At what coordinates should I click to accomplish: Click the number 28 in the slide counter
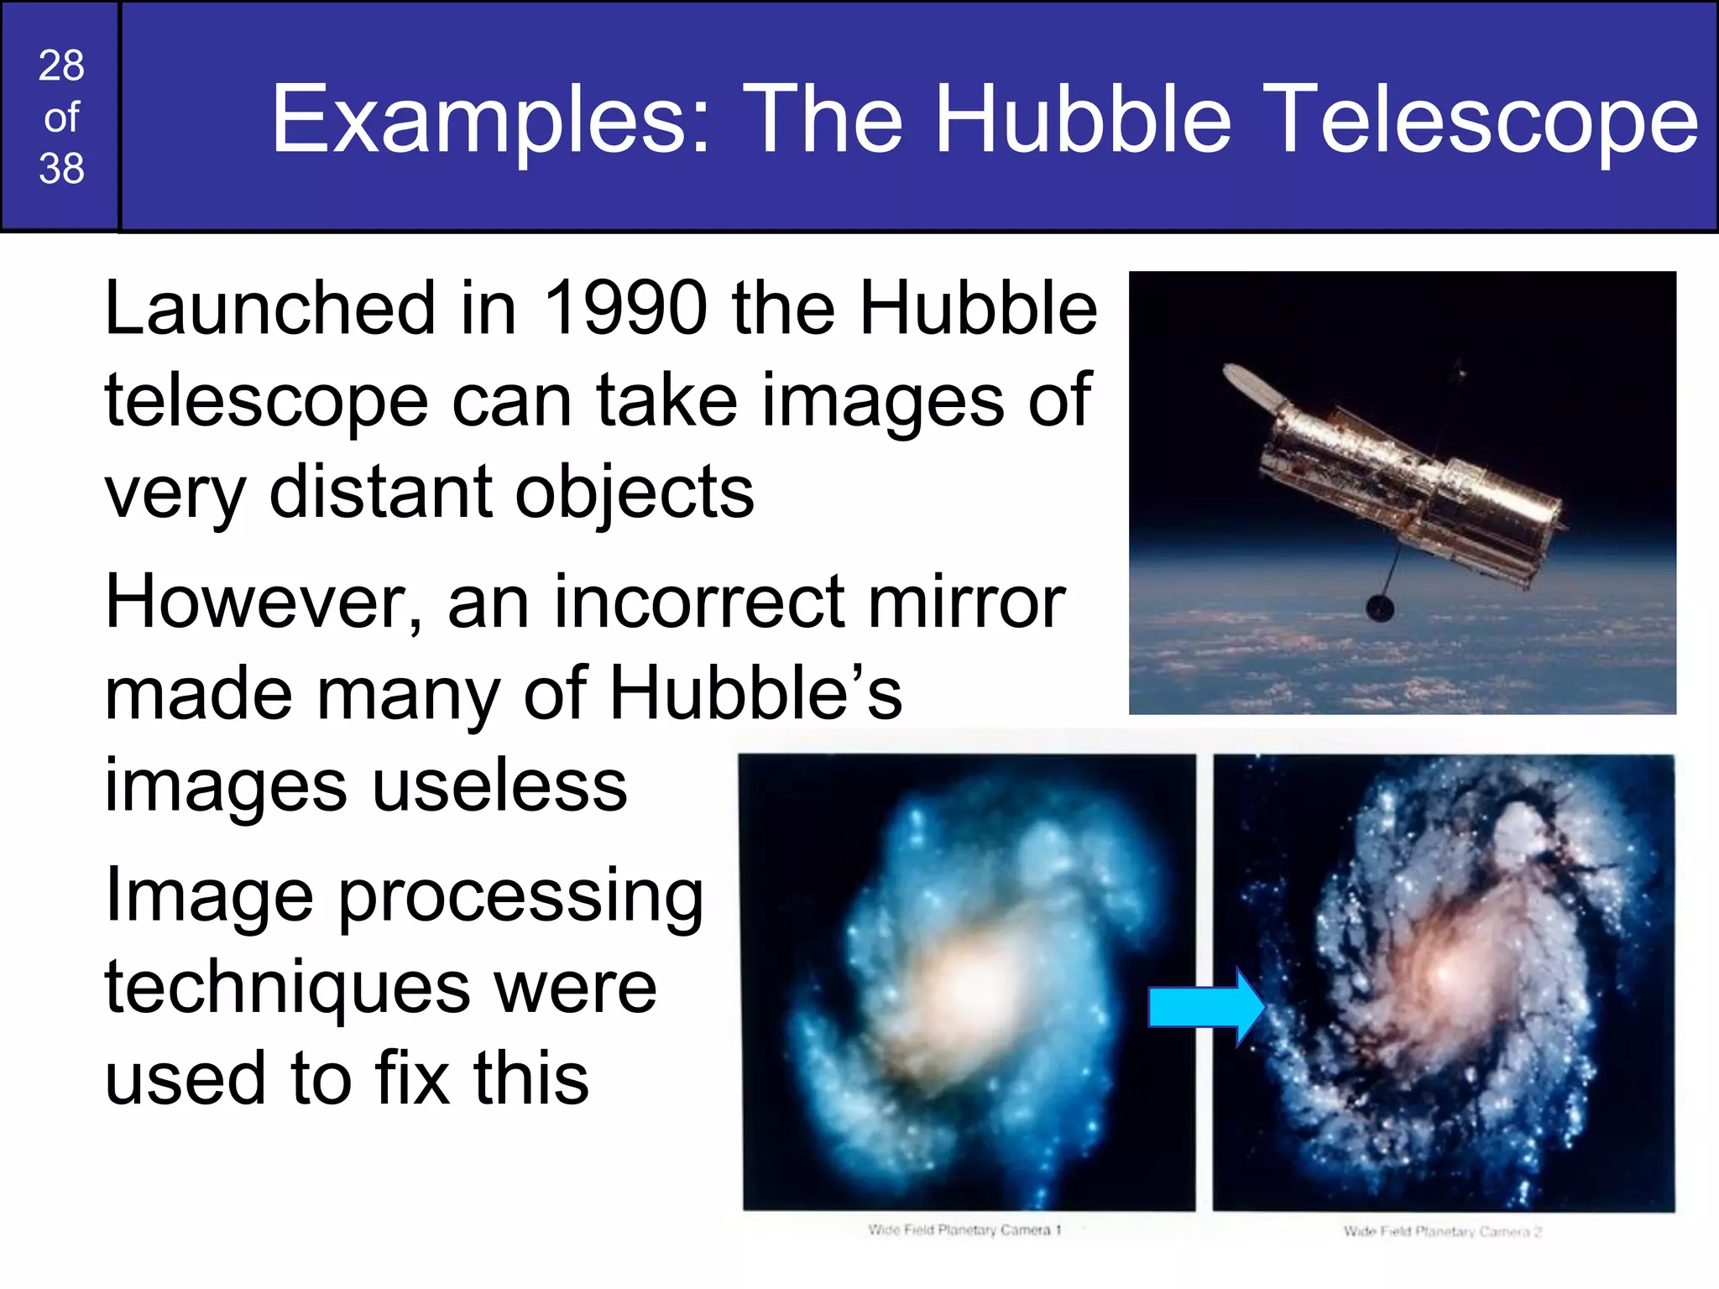click(61, 65)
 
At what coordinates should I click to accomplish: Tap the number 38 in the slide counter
click(61, 169)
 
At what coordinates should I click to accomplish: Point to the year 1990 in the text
click(626, 308)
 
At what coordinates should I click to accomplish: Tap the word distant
click(383, 492)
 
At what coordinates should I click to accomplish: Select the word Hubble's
click(755, 694)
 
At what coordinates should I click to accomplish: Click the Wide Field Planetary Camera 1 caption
click(964, 1230)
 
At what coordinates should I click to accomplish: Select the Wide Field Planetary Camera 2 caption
click(1441, 1232)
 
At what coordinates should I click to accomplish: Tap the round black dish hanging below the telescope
click(1380, 608)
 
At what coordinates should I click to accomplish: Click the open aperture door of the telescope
click(1250, 384)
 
